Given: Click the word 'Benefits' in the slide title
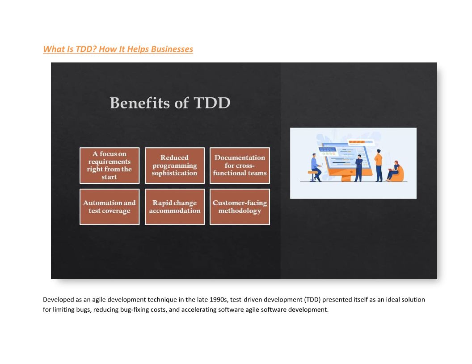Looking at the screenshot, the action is pyautogui.click(x=139, y=103).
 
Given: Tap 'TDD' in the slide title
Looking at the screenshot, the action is pyautogui.click(x=212, y=103).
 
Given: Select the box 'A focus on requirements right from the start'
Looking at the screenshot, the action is pyautogui.click(x=110, y=165).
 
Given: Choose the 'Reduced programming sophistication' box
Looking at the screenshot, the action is pyautogui.click(x=175, y=165).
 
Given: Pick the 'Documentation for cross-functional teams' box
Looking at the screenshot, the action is pyautogui.click(x=240, y=165).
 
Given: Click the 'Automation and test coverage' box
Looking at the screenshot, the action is pyautogui.click(x=110, y=207).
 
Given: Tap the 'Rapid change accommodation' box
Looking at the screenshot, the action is pyautogui.click(x=175, y=207).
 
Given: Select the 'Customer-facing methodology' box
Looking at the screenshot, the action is pyautogui.click(x=240, y=207).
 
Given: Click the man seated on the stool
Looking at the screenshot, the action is pyautogui.click(x=316, y=168).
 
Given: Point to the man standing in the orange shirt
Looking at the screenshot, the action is pyautogui.click(x=379, y=165).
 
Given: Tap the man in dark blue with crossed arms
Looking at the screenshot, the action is pyautogui.click(x=358, y=168).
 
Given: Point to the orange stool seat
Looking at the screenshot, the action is pyautogui.click(x=312, y=172).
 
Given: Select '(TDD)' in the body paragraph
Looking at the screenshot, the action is pyautogui.click(x=312, y=299).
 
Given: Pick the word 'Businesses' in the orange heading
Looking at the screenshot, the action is pyautogui.click(x=172, y=49).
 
